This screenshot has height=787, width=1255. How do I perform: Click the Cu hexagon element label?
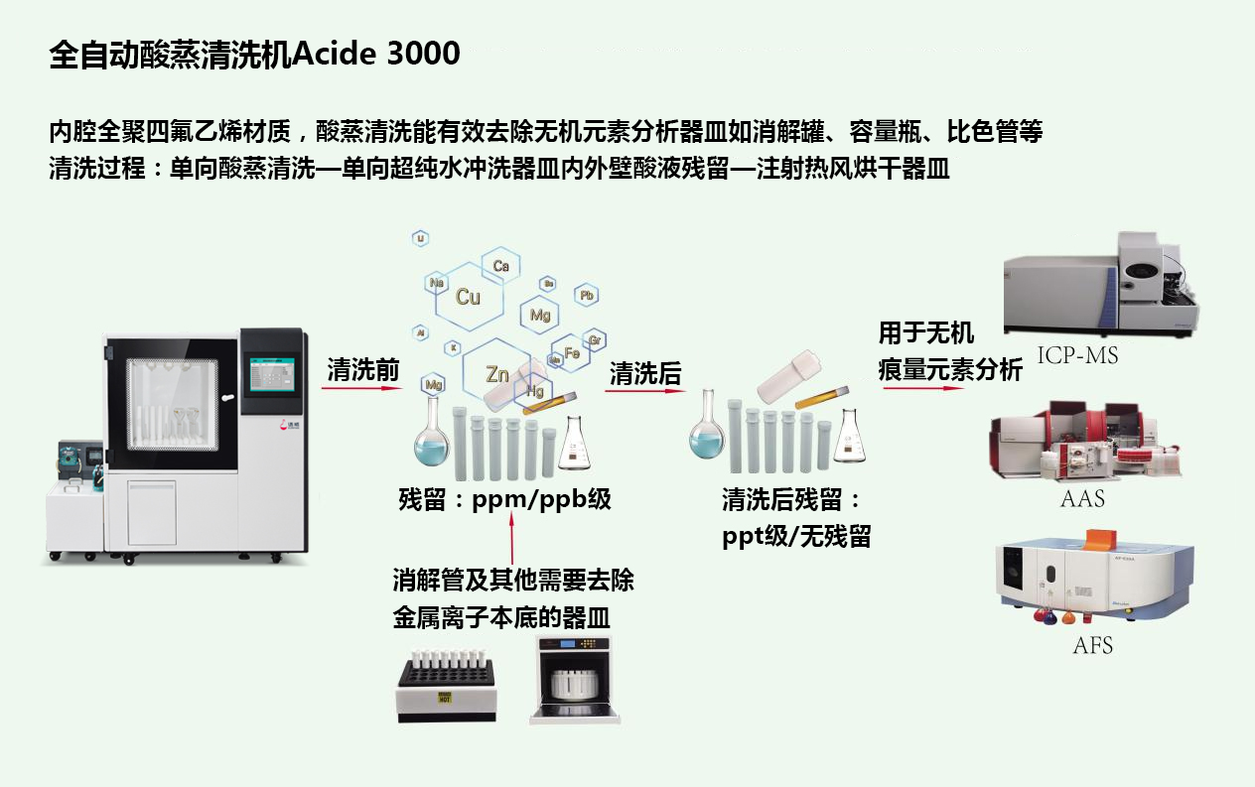click(x=468, y=297)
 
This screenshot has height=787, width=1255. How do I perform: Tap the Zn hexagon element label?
click(x=497, y=374)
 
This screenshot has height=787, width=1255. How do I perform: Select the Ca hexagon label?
click(x=500, y=266)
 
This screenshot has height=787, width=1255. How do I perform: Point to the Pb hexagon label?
click(x=587, y=296)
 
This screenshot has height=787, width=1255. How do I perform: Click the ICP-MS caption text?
click(x=1077, y=355)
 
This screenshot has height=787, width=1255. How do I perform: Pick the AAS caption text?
click(x=1082, y=498)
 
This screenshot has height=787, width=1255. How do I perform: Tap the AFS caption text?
click(x=1092, y=646)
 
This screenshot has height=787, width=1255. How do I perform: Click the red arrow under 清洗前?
click(x=361, y=389)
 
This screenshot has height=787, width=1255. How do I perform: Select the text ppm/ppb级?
click(x=542, y=499)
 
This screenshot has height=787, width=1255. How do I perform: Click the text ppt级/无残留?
click(x=796, y=537)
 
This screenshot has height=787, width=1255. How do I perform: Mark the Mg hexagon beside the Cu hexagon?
click(x=540, y=316)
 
